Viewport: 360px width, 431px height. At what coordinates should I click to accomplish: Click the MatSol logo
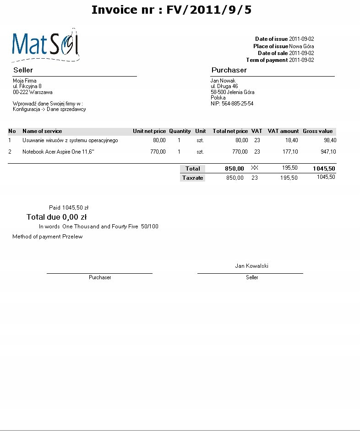45,45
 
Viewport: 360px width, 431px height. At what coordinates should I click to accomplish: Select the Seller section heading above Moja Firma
23,70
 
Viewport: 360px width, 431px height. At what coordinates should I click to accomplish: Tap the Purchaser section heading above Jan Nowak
229,70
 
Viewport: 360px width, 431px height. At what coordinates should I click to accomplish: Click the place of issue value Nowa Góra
301,46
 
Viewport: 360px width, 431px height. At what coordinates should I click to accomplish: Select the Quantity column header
180,131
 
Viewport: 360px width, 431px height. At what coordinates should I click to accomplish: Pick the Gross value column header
318,131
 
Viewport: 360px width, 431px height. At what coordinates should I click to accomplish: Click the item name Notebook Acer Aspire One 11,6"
58,152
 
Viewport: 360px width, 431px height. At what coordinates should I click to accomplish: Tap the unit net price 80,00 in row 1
159,140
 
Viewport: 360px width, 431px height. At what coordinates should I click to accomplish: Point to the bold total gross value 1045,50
324,169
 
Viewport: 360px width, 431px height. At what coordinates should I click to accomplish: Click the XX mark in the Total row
255,168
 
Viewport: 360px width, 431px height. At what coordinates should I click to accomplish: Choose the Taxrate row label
192,178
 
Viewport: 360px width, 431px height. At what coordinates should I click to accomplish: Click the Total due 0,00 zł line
57,217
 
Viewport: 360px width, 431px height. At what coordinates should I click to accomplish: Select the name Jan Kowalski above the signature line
251,265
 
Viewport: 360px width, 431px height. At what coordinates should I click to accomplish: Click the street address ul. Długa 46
224,86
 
